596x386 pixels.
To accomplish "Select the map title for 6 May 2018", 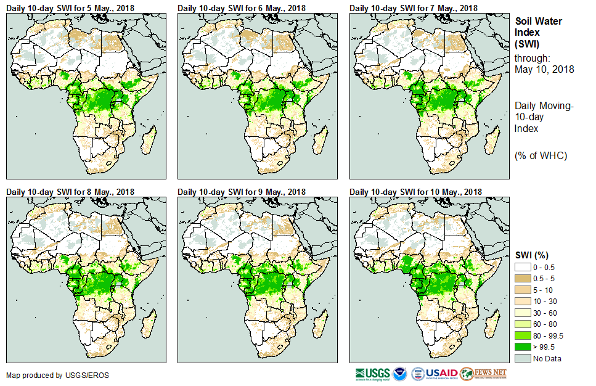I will tap(242, 7).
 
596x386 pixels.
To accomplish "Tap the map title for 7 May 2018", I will tap(414, 7).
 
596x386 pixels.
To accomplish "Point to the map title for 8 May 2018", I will tap(70, 192).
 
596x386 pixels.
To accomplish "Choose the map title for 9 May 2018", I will tap(242, 192).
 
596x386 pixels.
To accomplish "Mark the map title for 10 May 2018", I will tap(415, 192).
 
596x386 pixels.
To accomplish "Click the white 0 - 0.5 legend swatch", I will tap(523, 266).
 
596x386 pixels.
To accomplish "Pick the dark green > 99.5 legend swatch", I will tap(523, 347).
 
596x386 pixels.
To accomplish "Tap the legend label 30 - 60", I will tap(545, 313).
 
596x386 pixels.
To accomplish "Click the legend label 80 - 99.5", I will tap(548, 335).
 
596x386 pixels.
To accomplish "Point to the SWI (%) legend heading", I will tap(532, 255).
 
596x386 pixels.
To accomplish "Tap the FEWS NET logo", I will tap(483, 374).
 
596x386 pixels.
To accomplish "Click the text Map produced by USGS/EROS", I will tap(49, 375).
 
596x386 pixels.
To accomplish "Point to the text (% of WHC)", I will tap(541, 155).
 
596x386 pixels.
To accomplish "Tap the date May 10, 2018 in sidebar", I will tap(544, 70).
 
